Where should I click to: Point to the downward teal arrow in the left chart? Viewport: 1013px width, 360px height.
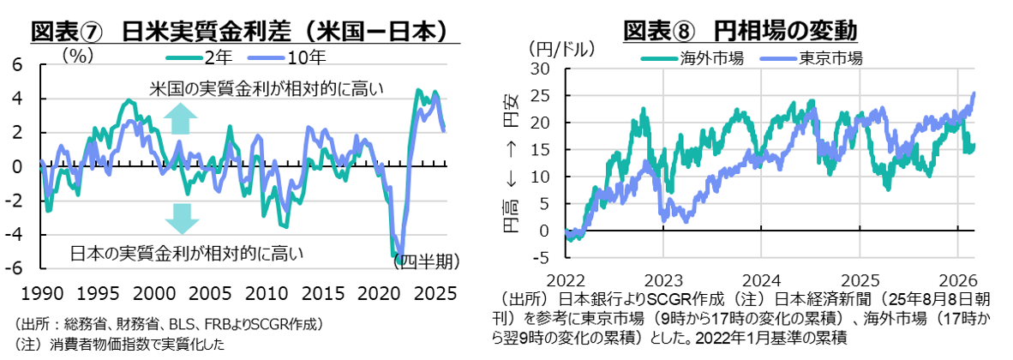182,219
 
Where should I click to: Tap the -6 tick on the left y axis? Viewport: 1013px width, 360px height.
17,267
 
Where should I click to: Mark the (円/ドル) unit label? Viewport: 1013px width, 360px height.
561,48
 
